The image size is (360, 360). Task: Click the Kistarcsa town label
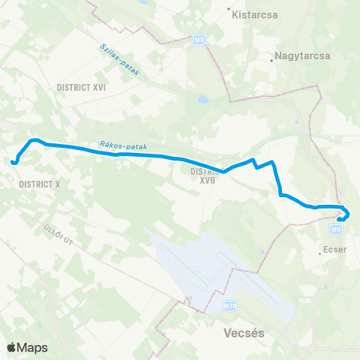pyautogui.click(x=253, y=13)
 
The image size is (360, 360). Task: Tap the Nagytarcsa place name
pyautogui.click(x=298, y=55)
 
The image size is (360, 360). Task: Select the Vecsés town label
pyautogui.click(x=232, y=330)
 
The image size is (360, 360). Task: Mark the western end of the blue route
pyautogui.click(x=13, y=160)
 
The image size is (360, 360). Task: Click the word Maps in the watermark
pyautogui.click(x=34, y=347)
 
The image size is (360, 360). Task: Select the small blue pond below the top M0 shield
pyautogui.click(x=201, y=98)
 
